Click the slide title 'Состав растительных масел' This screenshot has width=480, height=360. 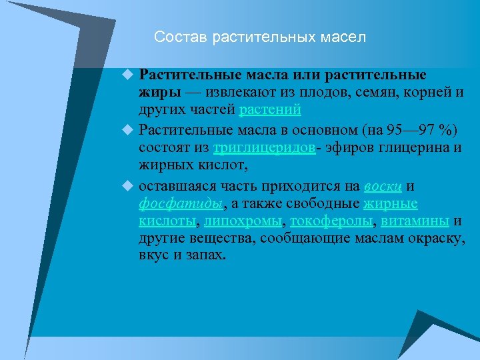260,37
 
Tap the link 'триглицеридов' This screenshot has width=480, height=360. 265,147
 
